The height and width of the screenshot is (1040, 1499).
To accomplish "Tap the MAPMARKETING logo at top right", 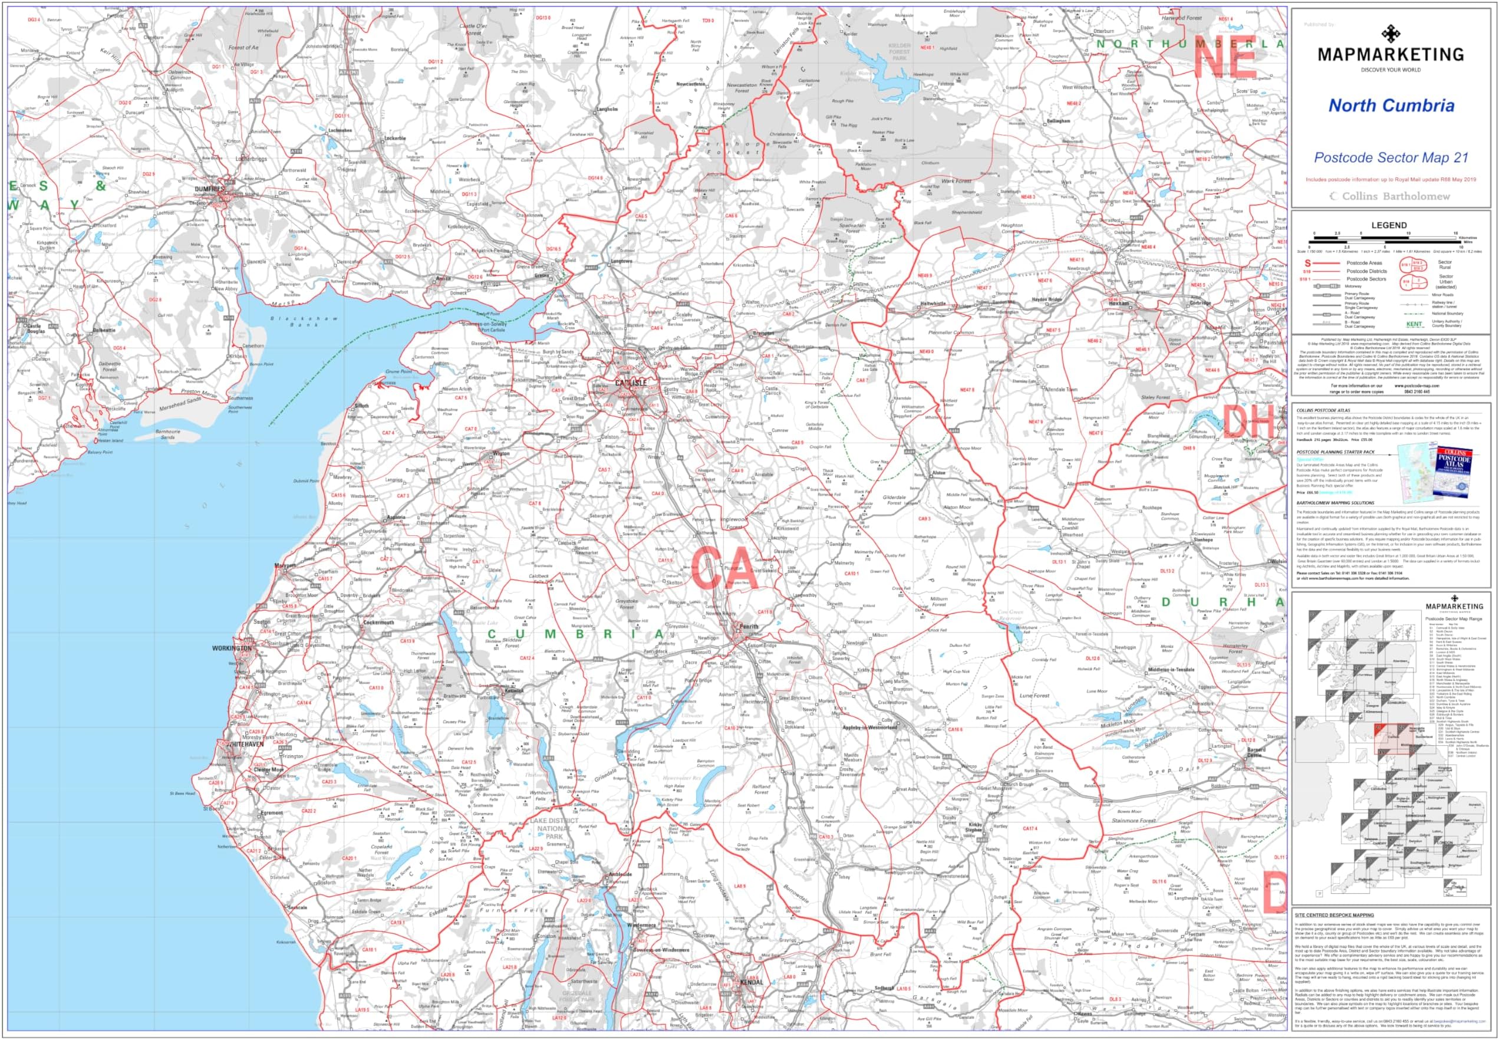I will (1390, 53).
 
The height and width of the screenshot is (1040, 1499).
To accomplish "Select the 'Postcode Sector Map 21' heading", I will (1390, 157).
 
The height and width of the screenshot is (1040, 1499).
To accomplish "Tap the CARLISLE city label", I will (631, 383).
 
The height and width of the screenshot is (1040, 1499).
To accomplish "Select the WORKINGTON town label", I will (231, 649).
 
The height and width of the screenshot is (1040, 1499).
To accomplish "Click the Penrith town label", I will (749, 626).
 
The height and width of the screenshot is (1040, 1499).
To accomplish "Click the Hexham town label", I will (1118, 303).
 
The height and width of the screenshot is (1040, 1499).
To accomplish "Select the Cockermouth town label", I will (378, 623).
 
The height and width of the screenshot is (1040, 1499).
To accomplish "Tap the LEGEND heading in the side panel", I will (1389, 225).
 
